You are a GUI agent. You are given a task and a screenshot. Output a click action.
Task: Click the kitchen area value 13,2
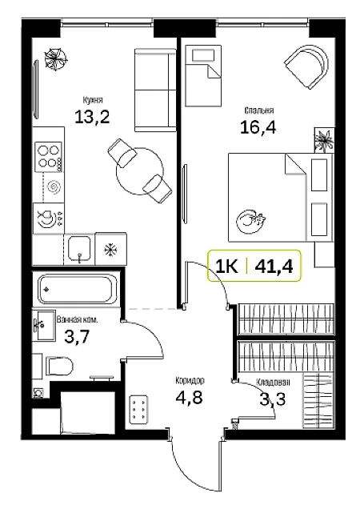coord(92,117)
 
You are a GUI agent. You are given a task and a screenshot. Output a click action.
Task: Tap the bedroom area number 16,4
coord(258,127)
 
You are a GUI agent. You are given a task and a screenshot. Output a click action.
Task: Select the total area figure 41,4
coord(274,267)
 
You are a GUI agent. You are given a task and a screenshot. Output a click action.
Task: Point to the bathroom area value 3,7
coord(76,337)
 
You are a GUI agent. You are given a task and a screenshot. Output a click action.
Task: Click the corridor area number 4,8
coord(190,397)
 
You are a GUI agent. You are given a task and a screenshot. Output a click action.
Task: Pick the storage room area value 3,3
coord(273,399)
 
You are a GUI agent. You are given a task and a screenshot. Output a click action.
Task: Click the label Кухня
coord(93,100)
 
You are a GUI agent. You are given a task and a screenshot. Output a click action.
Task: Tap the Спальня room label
coord(258,110)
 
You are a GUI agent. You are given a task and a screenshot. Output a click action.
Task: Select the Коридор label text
coord(190,380)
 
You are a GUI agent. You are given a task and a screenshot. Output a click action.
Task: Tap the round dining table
coord(140,171)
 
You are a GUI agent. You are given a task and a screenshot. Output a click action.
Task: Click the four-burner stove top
coord(49,157)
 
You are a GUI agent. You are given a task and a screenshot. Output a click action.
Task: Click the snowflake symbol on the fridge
coord(110,250)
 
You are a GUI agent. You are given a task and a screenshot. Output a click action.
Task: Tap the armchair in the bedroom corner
coord(306,66)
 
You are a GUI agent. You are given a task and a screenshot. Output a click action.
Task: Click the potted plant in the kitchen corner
coord(55,58)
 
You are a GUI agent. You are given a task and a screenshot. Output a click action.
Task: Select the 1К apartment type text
coord(226,267)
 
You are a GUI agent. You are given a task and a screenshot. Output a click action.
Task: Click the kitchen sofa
coord(155,90)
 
